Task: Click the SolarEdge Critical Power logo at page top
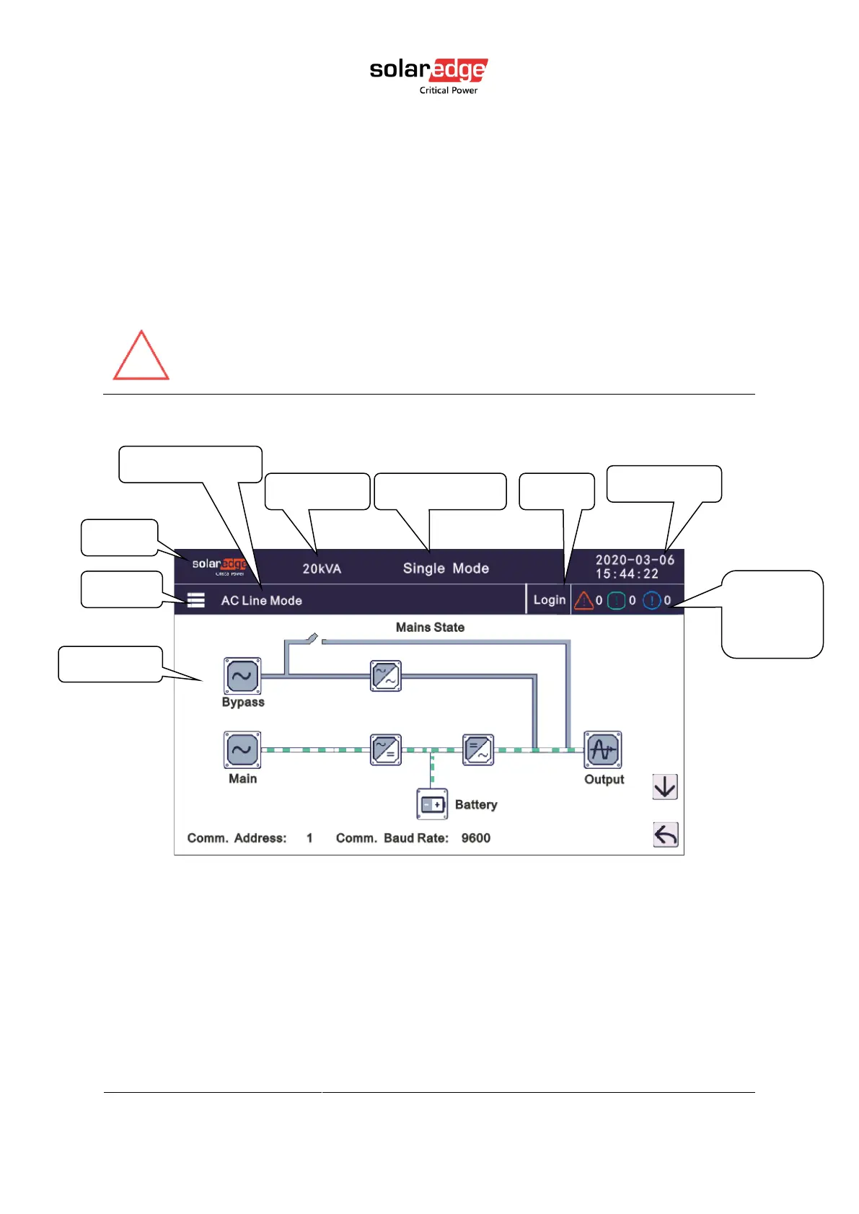428,75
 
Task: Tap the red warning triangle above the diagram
141,357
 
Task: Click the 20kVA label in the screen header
322,568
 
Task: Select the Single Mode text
446,568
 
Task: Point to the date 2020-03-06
635,560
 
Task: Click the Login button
549,600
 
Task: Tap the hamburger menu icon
196,600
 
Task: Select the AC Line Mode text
261,601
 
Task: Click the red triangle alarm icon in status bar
583,600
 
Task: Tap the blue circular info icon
651,600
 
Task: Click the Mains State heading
430,628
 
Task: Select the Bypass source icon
242,676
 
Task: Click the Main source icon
242,750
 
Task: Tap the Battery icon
432,804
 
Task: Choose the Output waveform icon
603,750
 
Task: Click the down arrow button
665,787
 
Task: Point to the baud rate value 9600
476,838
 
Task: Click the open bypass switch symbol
313,638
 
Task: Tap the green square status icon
617,600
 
